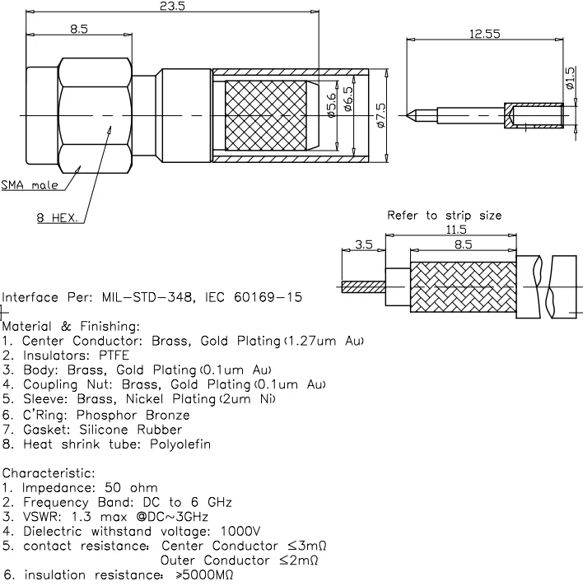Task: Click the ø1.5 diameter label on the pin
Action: (570, 79)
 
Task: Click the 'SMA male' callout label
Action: (30, 185)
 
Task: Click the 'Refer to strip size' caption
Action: (444, 216)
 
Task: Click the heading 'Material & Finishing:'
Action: (71, 326)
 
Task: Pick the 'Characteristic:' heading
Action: (49, 473)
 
